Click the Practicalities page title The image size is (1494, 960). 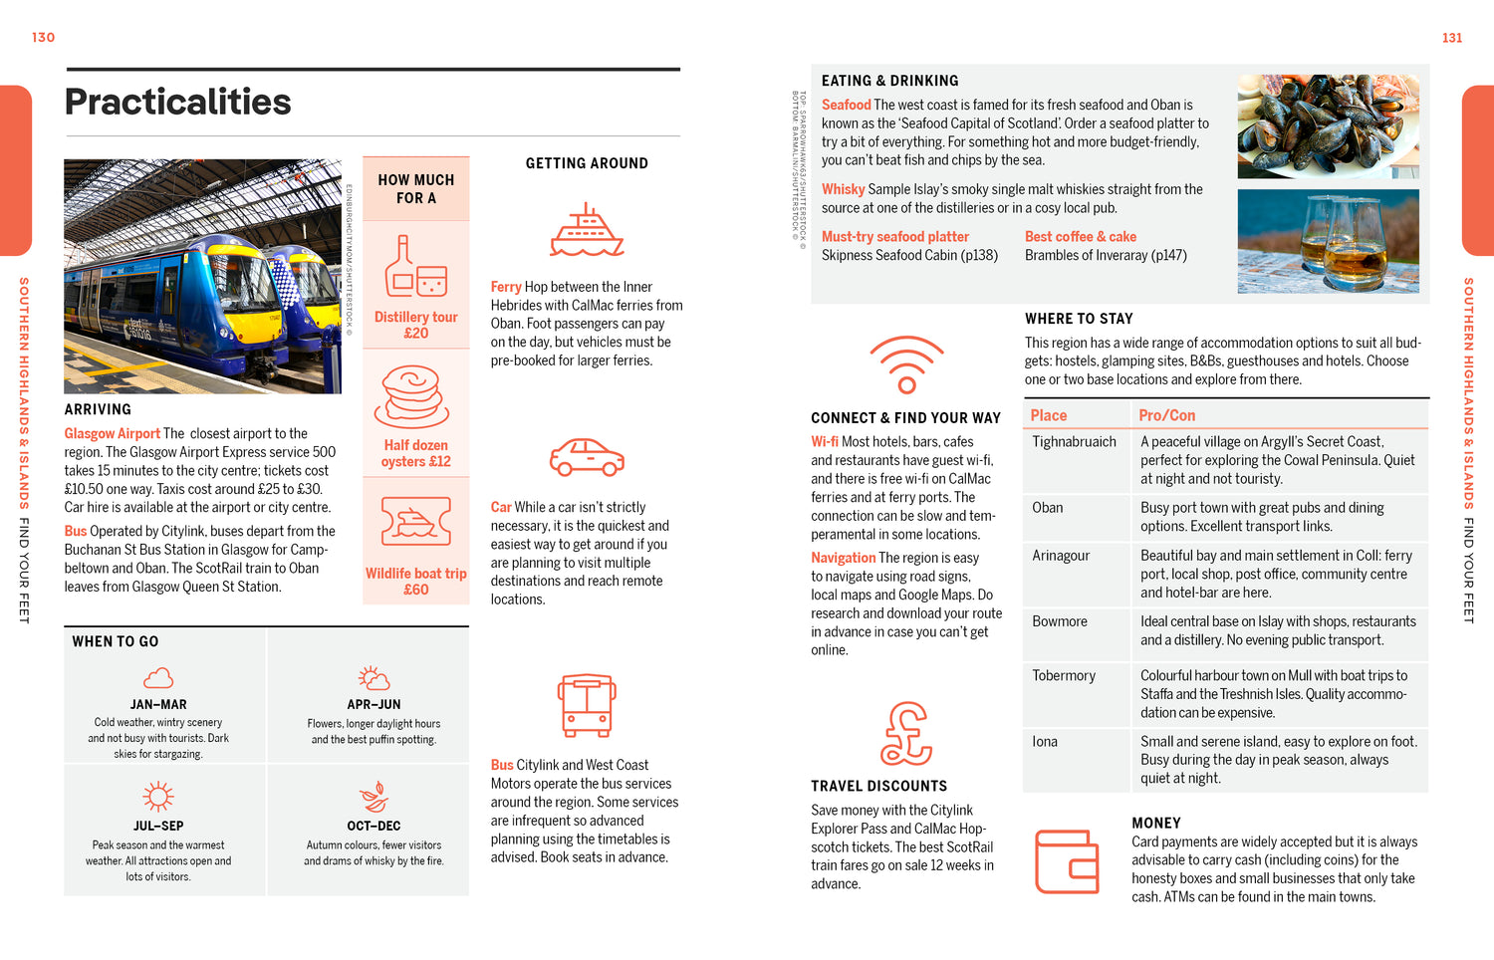click(x=177, y=102)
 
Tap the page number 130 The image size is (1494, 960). click(x=43, y=38)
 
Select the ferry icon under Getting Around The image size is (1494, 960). click(x=587, y=231)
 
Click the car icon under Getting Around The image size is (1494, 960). click(x=587, y=457)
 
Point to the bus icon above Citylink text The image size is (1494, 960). click(x=587, y=705)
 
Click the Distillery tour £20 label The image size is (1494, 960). click(x=415, y=325)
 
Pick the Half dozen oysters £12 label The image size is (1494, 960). click(x=415, y=453)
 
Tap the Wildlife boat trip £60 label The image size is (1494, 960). click(x=415, y=582)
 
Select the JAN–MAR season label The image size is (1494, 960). click(x=158, y=704)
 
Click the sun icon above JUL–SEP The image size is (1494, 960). click(x=158, y=797)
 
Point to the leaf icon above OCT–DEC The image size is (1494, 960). click(x=373, y=797)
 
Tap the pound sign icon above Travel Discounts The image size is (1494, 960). click(x=905, y=734)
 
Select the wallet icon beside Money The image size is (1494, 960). click(x=1067, y=861)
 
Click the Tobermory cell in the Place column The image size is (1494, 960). click(x=1064, y=675)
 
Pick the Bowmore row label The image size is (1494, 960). click(x=1060, y=621)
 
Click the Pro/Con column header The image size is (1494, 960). click(x=1166, y=415)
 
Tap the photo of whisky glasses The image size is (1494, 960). click(x=1328, y=241)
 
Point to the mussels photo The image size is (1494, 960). click(x=1328, y=126)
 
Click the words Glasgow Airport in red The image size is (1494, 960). click(x=112, y=433)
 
